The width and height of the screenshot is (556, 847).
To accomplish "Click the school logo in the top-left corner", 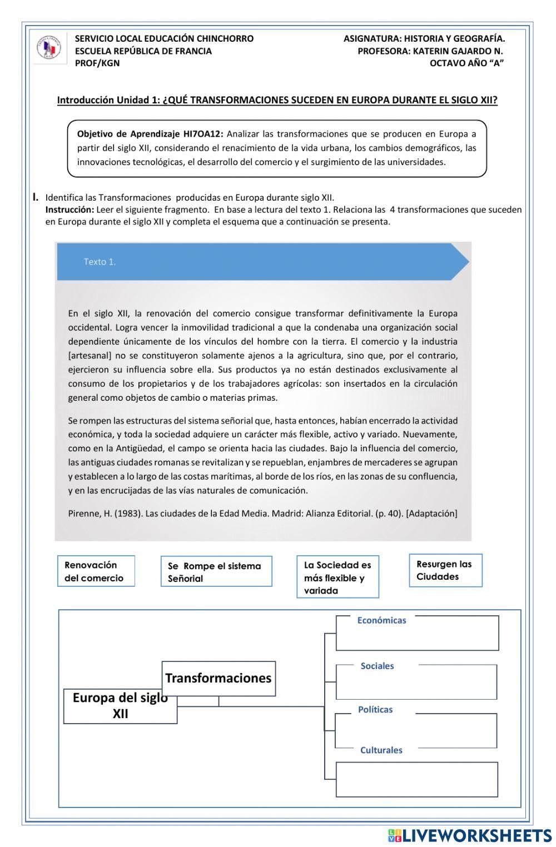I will point(49,48).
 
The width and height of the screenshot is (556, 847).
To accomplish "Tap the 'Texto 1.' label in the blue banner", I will point(100,262).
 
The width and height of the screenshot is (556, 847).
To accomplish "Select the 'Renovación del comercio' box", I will point(96,571).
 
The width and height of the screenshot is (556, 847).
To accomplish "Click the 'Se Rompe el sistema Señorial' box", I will point(216,572).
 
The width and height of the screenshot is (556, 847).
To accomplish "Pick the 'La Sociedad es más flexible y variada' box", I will point(337,577).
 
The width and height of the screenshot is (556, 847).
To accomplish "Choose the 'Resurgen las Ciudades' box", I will point(445,570).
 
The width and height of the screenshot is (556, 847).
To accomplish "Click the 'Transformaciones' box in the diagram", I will point(219,678).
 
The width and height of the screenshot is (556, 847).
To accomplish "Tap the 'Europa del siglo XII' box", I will point(120,706).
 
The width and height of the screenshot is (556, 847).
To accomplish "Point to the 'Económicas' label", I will point(381,620).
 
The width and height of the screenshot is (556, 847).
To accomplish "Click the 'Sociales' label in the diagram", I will point(377,666).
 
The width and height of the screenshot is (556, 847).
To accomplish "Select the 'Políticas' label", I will point(375,710).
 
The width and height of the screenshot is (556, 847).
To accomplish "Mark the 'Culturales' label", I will point(381,750).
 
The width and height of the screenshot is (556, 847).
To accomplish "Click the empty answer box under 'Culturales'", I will point(416,779).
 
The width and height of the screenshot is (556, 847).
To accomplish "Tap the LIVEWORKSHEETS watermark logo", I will point(470,835).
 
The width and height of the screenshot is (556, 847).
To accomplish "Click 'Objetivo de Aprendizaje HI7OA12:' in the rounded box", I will point(150,134).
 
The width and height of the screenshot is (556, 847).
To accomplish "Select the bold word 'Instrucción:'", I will point(69,210).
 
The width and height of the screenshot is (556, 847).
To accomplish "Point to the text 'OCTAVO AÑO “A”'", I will point(466,63).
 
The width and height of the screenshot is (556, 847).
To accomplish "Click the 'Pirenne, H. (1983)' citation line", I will point(262,514).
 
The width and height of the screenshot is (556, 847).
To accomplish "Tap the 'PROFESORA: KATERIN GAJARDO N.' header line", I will point(430,51).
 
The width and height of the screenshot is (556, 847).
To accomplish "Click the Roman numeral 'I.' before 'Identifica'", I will point(36,197).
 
